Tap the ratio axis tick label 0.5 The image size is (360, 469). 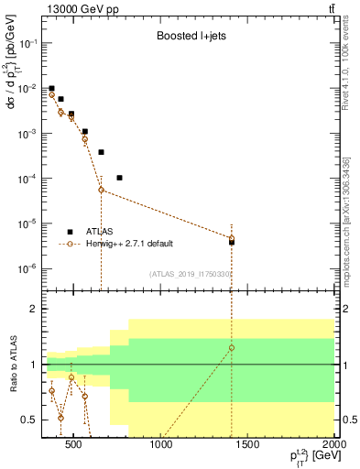click(27, 420)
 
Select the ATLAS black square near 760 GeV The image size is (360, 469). click(120, 178)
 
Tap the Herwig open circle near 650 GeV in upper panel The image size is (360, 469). click(101, 190)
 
